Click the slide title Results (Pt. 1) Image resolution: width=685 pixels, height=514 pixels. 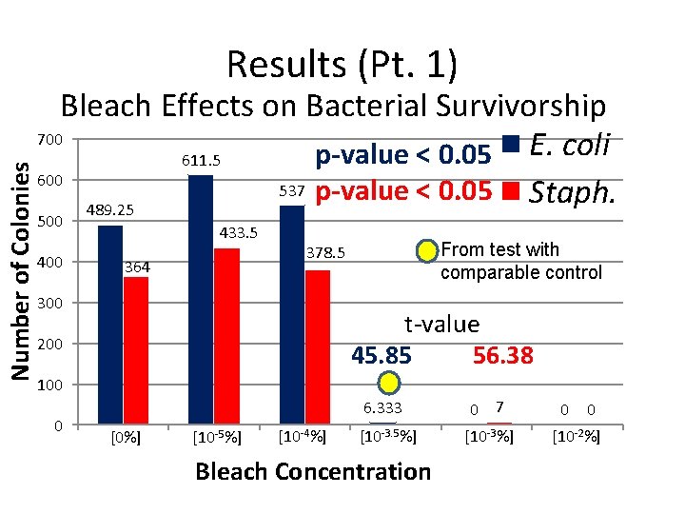[342, 65]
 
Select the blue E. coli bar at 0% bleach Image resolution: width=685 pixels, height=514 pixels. [110, 324]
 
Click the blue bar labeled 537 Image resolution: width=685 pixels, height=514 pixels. [291, 314]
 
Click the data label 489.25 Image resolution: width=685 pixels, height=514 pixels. [109, 210]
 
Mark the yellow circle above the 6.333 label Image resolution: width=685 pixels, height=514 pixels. [387, 384]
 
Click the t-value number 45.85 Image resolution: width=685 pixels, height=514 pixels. [382, 356]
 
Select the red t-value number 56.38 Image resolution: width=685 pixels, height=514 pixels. [502, 356]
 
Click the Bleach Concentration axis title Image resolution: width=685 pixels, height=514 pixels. [312, 472]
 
